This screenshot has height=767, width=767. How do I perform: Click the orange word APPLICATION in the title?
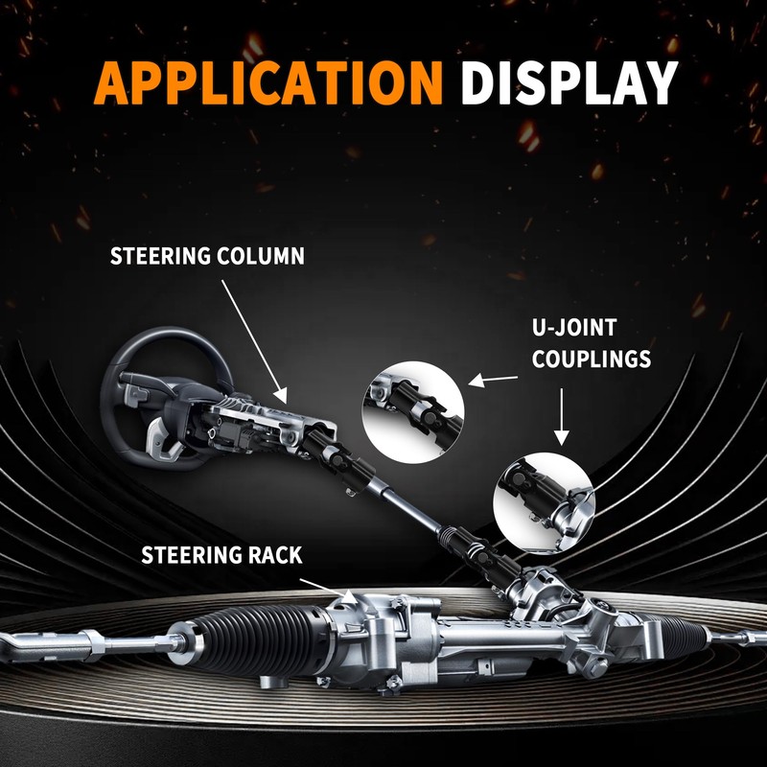(x=268, y=82)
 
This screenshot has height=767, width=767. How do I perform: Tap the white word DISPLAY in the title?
(x=569, y=82)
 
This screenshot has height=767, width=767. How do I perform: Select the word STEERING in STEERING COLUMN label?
(x=159, y=256)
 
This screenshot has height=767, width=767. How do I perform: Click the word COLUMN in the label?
(x=261, y=256)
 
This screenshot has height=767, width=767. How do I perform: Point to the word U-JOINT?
(x=573, y=328)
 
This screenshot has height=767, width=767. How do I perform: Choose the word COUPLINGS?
(x=592, y=359)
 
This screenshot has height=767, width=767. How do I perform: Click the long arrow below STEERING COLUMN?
(x=254, y=342)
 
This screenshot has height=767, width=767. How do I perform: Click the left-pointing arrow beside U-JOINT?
(x=493, y=380)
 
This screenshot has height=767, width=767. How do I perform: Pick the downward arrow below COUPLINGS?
(x=562, y=417)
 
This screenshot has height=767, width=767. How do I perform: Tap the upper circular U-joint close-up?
(x=413, y=412)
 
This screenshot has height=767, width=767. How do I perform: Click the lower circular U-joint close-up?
(x=544, y=503)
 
